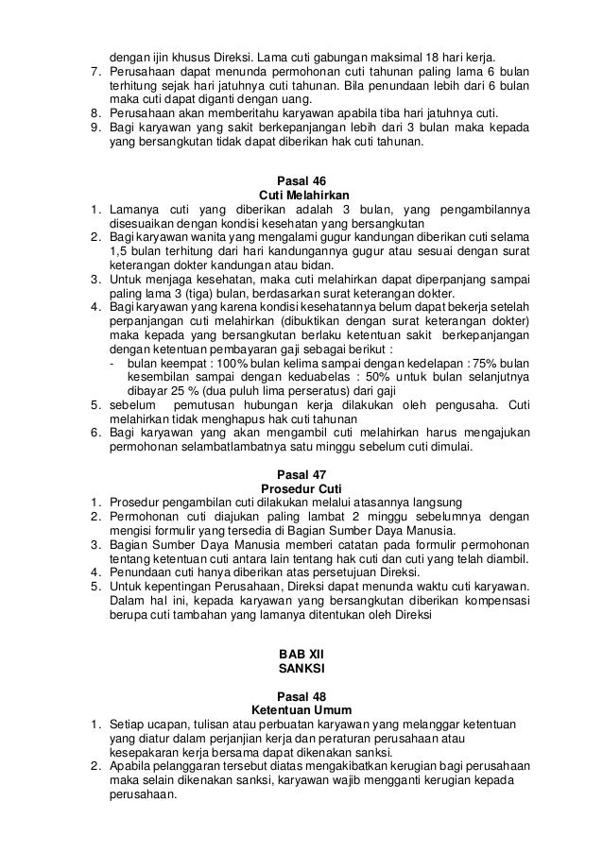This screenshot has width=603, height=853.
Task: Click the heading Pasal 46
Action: tap(301, 181)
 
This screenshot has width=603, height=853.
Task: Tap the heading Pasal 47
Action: tap(301, 473)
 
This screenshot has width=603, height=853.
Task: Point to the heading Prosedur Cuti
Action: tap(301, 487)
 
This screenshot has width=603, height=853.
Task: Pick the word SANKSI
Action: tap(301, 669)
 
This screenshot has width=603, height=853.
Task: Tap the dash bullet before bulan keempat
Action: tap(113, 364)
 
